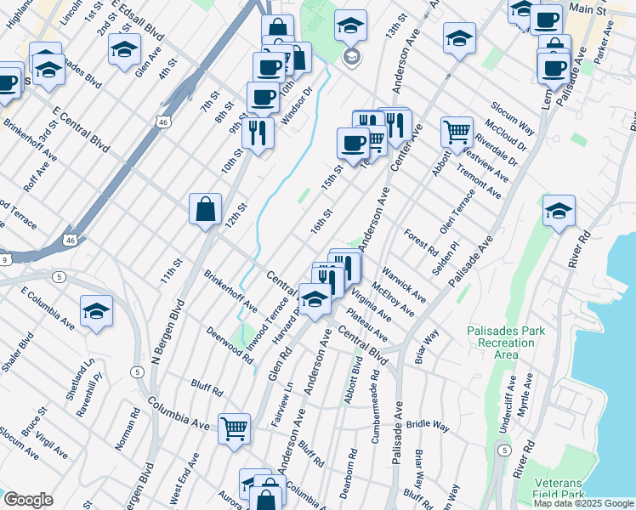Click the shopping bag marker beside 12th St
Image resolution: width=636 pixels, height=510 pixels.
206,209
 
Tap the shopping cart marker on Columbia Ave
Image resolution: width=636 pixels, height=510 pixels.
234,428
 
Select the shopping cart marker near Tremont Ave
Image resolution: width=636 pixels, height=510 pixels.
457,132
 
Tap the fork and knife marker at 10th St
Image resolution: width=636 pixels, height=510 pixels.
257,132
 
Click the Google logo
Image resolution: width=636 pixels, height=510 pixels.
28,500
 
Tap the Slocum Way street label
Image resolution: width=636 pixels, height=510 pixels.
513,117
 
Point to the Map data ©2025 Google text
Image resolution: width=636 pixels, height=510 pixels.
583,503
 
